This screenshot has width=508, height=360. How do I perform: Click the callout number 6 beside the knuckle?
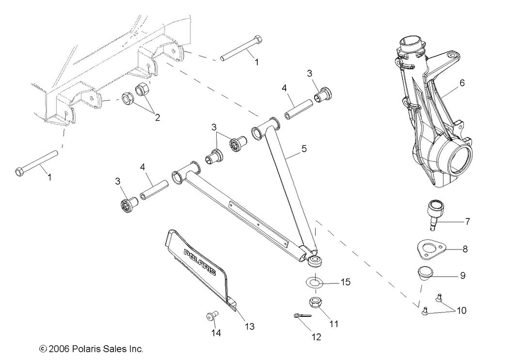462,83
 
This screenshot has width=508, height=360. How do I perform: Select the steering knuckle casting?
429,121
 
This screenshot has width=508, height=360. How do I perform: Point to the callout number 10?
462,310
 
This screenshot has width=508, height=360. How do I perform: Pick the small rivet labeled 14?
210,316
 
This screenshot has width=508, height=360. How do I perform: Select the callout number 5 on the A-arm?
304,149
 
